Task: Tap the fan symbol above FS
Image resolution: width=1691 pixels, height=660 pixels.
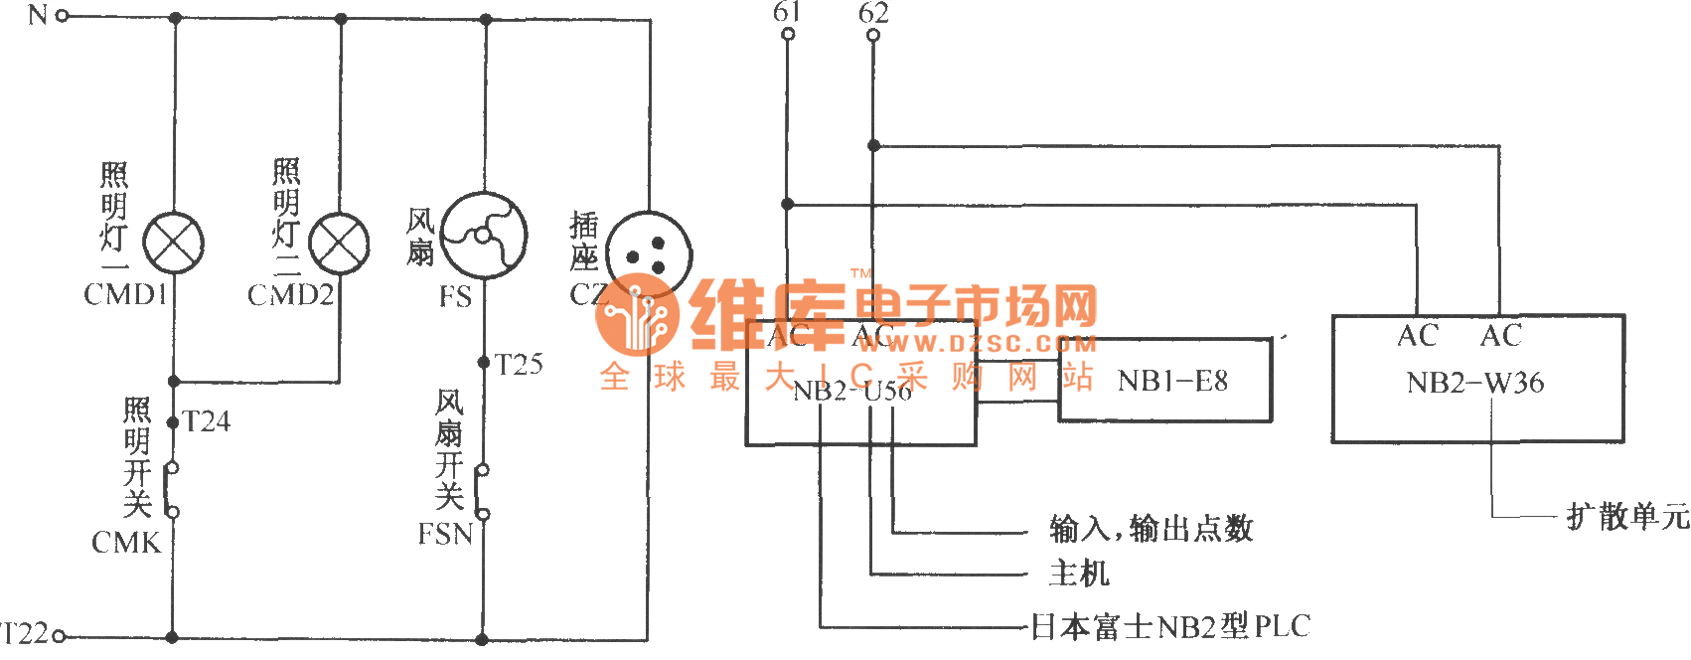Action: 484,236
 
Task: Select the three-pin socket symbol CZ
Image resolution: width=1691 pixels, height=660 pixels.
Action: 648,253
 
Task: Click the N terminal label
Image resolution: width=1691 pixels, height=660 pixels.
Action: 38,15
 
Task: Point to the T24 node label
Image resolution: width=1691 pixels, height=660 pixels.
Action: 207,422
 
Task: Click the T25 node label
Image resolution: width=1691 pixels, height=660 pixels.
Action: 519,365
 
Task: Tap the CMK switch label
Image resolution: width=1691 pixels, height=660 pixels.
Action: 126,543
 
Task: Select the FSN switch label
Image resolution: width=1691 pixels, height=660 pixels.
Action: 445,535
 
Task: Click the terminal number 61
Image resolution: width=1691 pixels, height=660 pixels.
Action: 787,12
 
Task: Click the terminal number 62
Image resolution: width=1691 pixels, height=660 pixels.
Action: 873,13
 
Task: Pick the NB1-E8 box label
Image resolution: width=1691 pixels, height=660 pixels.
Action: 1172,381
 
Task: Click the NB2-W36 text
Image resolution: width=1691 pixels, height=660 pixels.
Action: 1475,383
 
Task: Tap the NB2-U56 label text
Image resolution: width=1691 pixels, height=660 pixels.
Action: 852,391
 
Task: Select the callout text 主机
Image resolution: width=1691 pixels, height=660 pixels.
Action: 1078,574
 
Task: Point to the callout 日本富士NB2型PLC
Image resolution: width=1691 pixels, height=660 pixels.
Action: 1170,626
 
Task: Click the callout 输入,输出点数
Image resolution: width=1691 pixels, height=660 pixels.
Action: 1151,529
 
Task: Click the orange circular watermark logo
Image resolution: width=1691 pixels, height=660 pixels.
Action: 637,314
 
